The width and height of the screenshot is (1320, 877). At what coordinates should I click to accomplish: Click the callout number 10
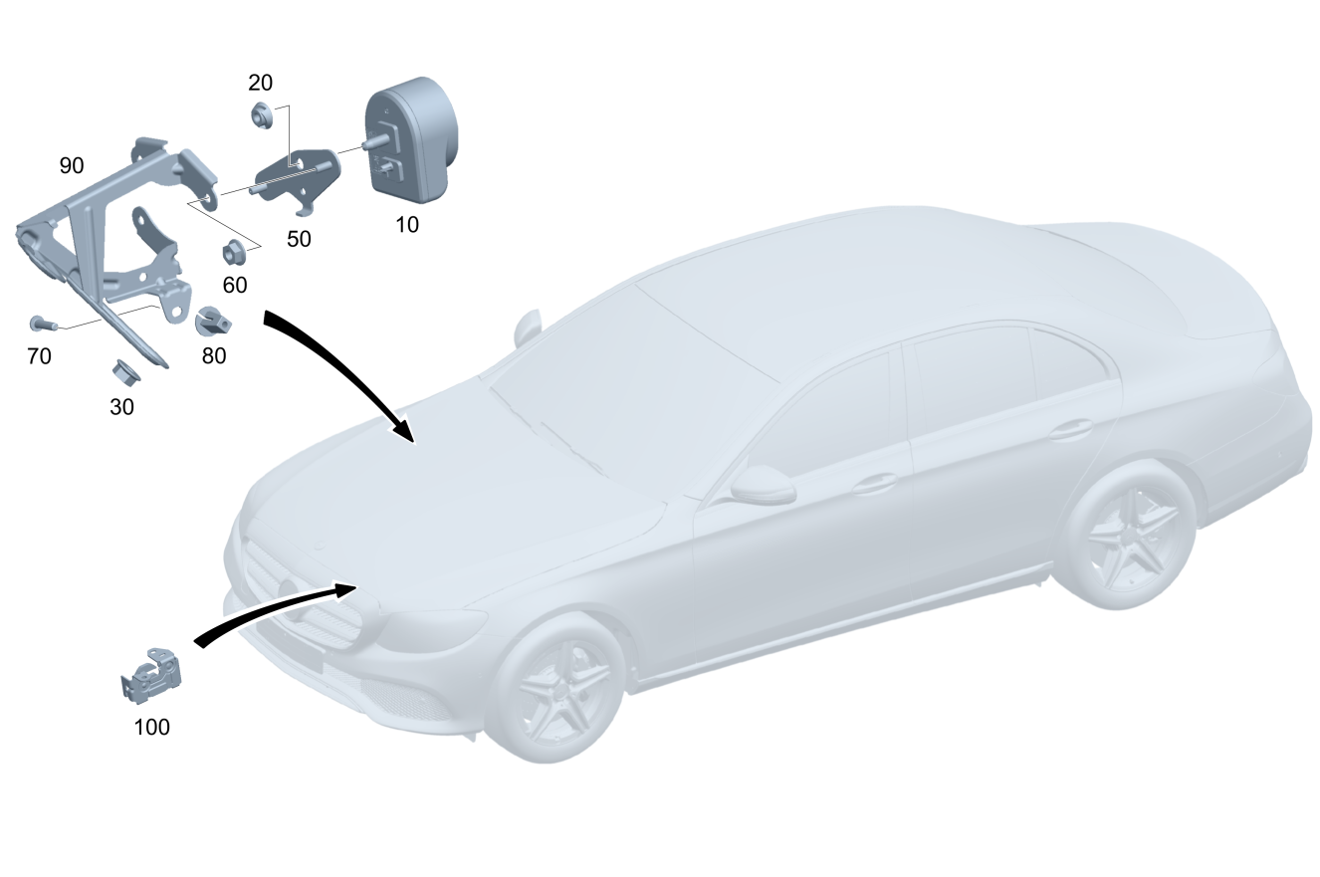407,225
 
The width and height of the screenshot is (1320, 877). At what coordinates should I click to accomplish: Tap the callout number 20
260,83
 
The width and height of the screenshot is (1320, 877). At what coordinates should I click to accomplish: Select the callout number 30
121,406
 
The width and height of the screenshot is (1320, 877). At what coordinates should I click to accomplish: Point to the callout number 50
299,239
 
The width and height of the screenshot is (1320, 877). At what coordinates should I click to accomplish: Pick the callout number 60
235,285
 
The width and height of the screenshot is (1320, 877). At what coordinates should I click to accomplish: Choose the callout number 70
39,355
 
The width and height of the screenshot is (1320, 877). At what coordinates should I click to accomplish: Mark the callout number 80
214,355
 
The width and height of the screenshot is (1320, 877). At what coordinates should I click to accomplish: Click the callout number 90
72,165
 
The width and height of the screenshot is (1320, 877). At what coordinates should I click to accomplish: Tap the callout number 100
152,727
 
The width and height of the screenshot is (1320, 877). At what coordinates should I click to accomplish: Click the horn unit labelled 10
412,140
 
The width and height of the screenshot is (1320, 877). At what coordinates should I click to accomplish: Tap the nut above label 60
235,250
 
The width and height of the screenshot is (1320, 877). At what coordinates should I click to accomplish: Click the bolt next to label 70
41,324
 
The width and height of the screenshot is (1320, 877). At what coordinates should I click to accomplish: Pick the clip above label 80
214,321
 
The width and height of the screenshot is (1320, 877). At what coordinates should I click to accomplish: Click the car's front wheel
558,687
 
